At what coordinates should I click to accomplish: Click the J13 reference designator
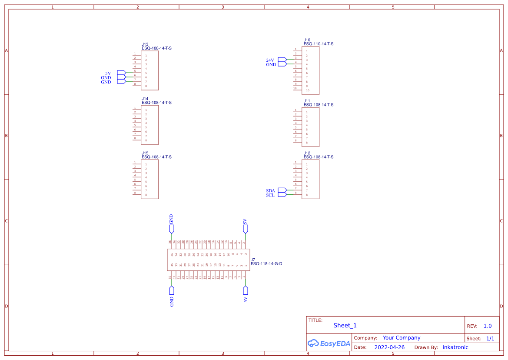pos(145,44)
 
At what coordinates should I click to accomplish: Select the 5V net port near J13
pos(122,73)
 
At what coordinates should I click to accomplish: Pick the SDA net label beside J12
pos(270,191)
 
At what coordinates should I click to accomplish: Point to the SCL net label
pos(270,195)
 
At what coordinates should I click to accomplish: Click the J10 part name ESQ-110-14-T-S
pos(319,44)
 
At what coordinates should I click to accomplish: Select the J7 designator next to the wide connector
pos(253,260)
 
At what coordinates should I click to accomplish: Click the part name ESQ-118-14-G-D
pos(266,263)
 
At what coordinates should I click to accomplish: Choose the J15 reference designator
pos(145,153)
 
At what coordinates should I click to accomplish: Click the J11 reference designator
pos(307,101)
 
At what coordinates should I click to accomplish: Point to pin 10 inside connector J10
pos(308,90)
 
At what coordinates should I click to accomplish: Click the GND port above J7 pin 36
pos(172,229)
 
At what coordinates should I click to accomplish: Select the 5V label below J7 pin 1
pos(246,299)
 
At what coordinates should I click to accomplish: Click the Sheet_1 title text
pos(345,325)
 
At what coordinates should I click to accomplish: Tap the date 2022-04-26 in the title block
pos(389,347)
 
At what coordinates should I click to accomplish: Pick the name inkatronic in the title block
pos(455,347)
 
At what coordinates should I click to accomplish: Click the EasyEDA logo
pos(329,343)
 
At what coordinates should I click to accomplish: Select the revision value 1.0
pos(488,326)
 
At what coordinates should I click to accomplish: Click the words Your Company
pos(402,338)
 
